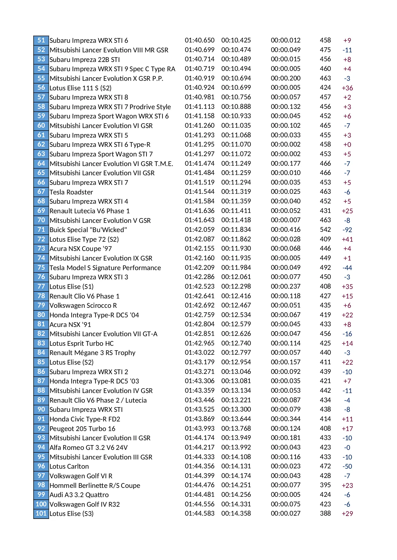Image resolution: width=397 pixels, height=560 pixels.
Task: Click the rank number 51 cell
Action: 41,40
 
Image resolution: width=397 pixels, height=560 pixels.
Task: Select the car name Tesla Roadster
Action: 71,192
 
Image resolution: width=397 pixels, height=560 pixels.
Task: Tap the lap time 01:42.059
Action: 199,230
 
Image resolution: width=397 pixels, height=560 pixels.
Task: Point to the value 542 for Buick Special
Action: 325,230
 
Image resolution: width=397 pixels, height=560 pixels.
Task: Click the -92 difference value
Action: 347,230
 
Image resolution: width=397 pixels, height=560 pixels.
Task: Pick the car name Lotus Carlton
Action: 69,466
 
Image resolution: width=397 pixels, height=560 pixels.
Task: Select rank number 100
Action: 41,504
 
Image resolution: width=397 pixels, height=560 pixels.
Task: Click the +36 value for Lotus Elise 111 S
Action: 347,88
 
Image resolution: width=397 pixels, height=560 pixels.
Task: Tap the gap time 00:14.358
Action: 236,513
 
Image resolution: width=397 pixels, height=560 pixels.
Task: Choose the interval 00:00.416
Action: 285,230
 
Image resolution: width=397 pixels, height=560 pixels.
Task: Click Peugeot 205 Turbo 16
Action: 82,428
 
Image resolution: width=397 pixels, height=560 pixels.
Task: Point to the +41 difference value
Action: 347,239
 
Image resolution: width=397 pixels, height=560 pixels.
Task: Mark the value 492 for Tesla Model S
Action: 325,268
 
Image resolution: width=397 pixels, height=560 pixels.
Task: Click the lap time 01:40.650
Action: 199,40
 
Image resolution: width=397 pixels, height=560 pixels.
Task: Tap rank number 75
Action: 41,268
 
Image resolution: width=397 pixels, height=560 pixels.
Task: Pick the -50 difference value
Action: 347,466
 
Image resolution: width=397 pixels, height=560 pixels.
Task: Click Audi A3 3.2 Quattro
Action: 79,495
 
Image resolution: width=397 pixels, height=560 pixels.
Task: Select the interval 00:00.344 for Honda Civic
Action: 285,419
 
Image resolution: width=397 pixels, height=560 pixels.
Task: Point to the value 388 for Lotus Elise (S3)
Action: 325,513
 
